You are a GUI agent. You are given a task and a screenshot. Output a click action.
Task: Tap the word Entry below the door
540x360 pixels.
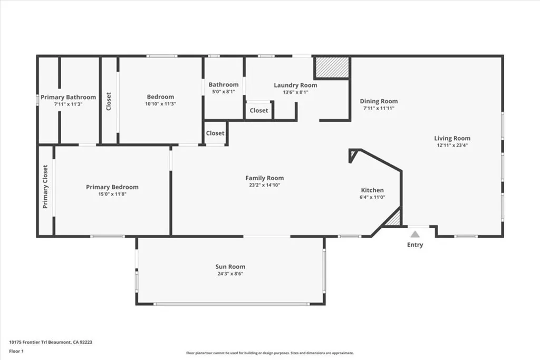(415, 245)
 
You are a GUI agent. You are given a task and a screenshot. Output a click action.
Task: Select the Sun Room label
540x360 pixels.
(230, 267)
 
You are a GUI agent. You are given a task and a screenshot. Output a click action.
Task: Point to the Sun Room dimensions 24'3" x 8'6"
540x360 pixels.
(230, 274)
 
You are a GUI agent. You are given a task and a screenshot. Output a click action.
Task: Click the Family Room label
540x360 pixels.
(264, 178)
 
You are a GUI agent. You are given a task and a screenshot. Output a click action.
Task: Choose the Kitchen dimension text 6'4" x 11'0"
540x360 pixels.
(372, 197)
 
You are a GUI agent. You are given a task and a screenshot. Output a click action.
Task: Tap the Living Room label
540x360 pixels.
(452, 139)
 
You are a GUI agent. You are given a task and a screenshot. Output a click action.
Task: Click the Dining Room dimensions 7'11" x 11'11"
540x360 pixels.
(379, 108)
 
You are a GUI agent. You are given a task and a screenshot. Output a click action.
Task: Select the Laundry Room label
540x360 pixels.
(295, 85)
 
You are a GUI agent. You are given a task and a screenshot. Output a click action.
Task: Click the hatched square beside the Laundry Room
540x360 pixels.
(332, 67)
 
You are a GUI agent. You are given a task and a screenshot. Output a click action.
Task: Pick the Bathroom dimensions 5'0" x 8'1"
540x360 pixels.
(224, 91)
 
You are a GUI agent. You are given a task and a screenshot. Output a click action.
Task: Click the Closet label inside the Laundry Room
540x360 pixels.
(259, 111)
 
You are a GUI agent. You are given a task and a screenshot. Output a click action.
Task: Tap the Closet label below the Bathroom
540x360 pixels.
(215, 133)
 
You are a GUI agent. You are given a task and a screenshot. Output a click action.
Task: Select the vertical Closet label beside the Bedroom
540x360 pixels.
(109, 101)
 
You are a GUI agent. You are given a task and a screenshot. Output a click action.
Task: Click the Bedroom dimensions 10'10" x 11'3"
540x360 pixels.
(160, 104)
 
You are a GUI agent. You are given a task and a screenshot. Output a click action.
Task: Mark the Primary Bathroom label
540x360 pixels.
(69, 97)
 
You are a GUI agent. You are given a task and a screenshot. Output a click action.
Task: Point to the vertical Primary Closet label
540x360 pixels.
(45, 187)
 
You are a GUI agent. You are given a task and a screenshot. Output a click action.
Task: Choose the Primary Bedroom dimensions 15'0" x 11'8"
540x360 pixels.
(112, 194)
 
